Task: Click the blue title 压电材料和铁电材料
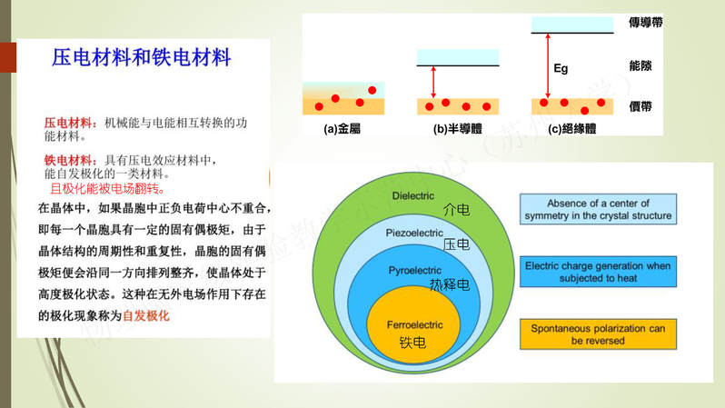[141, 57]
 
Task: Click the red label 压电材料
[69, 123]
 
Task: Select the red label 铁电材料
[69, 160]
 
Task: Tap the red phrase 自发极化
[146, 315]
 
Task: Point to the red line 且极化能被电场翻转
[107, 188]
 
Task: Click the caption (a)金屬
[342, 129]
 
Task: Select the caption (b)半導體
[457, 129]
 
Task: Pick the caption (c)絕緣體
[571, 129]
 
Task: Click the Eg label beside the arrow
[561, 68]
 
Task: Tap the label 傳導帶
[645, 22]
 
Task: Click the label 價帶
[641, 106]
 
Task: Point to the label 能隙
[641, 65]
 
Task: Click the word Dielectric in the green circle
[412, 195]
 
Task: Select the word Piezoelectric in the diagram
[414, 233]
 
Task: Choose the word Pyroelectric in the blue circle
[415, 270]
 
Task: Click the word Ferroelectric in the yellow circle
[415, 324]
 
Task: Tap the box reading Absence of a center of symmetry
[598, 209]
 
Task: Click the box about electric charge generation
[598, 272]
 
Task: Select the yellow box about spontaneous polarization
[598, 334]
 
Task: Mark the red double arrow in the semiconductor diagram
[433, 82]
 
